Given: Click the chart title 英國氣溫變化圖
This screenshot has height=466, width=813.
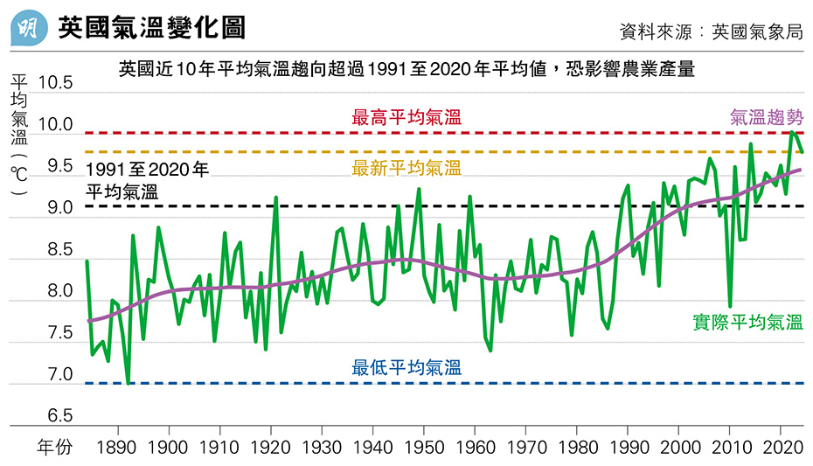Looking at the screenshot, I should pos(152,28).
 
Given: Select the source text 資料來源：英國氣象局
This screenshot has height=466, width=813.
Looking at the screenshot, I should pos(710,32).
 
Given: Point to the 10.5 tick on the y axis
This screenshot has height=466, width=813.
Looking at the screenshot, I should pos(53,84).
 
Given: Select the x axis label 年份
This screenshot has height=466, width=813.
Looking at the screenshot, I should pos(55,449).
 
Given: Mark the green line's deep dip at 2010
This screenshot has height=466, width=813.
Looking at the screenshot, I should pos(730,306).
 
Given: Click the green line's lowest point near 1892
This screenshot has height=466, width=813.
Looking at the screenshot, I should pos(128,382).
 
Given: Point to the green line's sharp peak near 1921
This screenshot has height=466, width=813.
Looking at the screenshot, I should pos(276,198).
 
